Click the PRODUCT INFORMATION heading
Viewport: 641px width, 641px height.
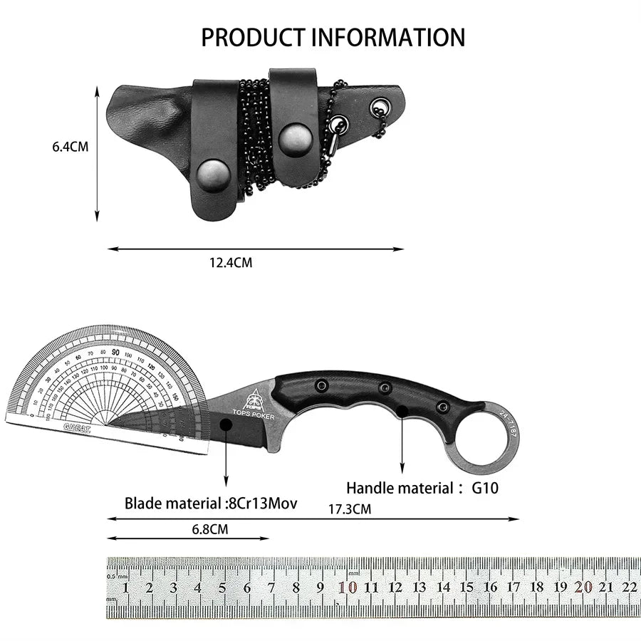coord(333,37)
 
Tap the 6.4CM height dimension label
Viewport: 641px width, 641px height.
coord(70,147)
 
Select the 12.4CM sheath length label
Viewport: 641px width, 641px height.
coord(230,263)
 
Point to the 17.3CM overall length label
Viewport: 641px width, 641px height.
coord(349,509)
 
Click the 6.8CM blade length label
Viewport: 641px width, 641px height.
coord(210,529)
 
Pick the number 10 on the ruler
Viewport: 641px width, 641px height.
coord(348,588)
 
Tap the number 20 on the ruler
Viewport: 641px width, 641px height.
coord(584,588)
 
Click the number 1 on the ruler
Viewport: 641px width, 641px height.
coord(126,588)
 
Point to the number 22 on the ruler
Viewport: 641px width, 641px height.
coord(629,588)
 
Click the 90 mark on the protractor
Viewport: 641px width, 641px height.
coord(115,351)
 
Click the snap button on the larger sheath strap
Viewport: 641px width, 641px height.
coord(212,172)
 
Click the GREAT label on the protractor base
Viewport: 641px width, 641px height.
coord(77,429)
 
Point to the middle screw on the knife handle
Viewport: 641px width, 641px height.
coord(385,388)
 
